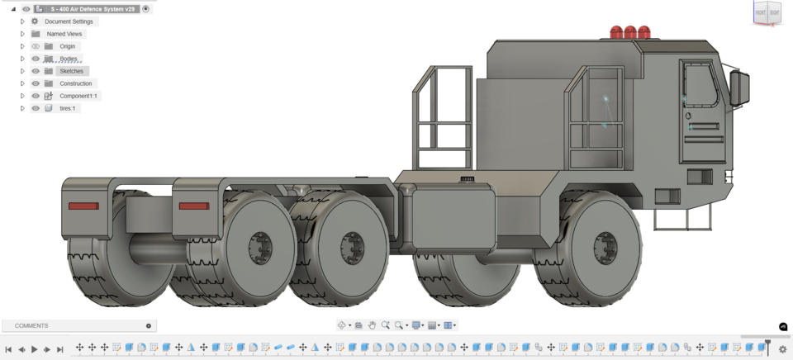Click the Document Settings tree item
(x=69, y=21)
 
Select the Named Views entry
(x=64, y=34)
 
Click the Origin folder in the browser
(x=67, y=46)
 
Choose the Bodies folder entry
(x=69, y=59)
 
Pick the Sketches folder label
(x=71, y=71)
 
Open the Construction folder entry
(x=75, y=83)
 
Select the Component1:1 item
(x=78, y=96)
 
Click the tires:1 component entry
(x=67, y=108)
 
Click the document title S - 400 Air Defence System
(x=92, y=9)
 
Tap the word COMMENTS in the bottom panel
(x=31, y=326)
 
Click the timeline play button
(x=35, y=349)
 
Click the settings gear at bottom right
(x=782, y=349)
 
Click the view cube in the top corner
(x=766, y=13)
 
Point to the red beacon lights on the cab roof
(x=630, y=33)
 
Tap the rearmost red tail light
(x=83, y=206)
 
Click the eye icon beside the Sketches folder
(x=36, y=71)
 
